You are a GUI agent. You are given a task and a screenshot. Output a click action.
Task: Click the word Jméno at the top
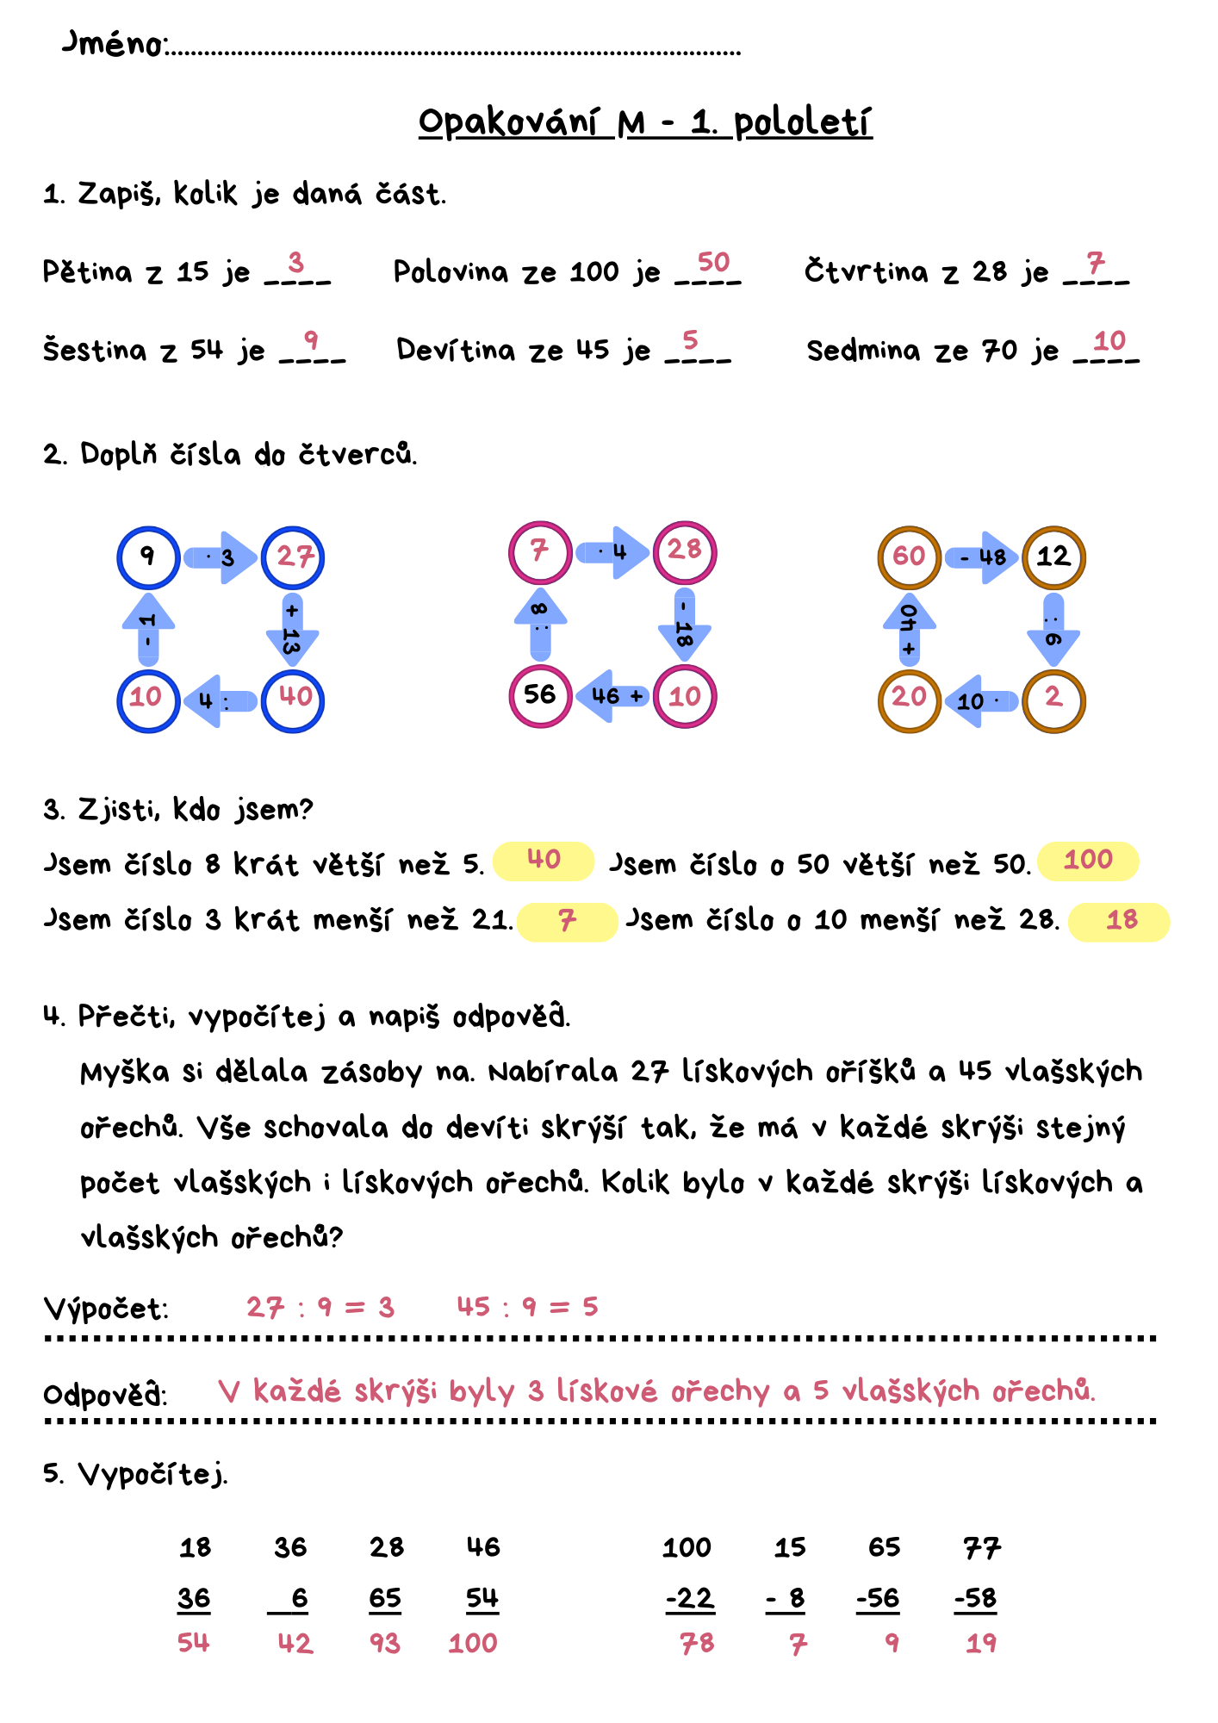(x=114, y=43)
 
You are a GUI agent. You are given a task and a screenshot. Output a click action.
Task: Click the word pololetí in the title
(x=802, y=123)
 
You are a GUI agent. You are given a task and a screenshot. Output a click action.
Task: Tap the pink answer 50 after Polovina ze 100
(x=713, y=262)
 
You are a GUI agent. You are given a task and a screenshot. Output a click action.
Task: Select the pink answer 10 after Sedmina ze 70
(x=1109, y=341)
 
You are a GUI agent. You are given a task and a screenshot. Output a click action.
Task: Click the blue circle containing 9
(x=148, y=557)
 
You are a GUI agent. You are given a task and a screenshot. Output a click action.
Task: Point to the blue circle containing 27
(x=293, y=557)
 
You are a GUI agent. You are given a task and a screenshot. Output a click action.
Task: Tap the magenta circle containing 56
(x=540, y=696)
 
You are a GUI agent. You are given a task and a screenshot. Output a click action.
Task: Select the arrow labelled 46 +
(x=613, y=696)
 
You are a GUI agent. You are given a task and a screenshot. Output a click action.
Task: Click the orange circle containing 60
(x=909, y=557)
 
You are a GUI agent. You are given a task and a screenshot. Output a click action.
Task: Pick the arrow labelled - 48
(x=982, y=557)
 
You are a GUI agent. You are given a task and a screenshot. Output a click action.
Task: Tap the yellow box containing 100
(x=1088, y=861)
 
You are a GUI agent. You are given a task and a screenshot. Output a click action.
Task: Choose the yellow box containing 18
(x=1119, y=921)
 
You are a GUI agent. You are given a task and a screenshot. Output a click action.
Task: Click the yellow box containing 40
(x=544, y=861)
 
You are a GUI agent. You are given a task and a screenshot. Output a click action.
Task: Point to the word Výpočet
(x=105, y=1309)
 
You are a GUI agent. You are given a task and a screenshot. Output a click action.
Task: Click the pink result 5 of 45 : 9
(x=590, y=1307)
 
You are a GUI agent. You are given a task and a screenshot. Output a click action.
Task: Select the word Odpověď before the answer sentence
(x=105, y=1393)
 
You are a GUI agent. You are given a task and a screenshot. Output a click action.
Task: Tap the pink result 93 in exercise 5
(x=385, y=1643)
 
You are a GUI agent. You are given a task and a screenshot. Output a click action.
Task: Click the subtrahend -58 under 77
(x=975, y=1599)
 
